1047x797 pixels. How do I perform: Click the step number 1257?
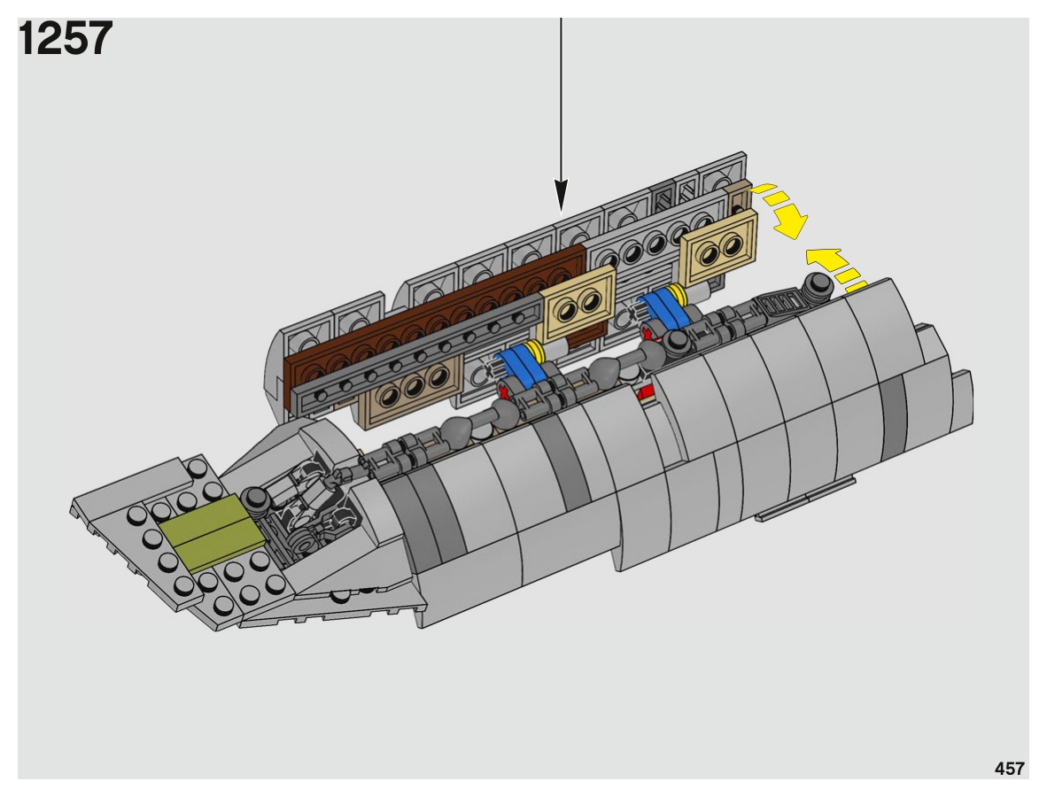point(66,39)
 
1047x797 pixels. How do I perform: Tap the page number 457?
point(1009,769)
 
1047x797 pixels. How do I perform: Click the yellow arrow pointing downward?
point(781,210)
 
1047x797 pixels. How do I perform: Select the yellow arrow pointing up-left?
point(834,268)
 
